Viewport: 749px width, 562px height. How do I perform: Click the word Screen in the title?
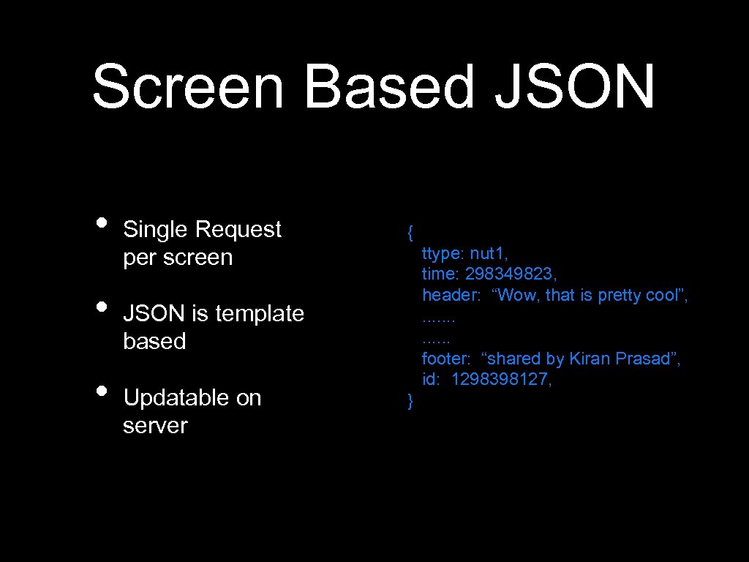[x=187, y=86]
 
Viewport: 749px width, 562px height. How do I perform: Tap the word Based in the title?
[x=389, y=86]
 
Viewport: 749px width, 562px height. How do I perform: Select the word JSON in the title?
[x=574, y=86]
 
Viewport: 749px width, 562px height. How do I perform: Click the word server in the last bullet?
[x=155, y=425]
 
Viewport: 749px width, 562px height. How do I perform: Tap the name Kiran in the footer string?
[x=590, y=359]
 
